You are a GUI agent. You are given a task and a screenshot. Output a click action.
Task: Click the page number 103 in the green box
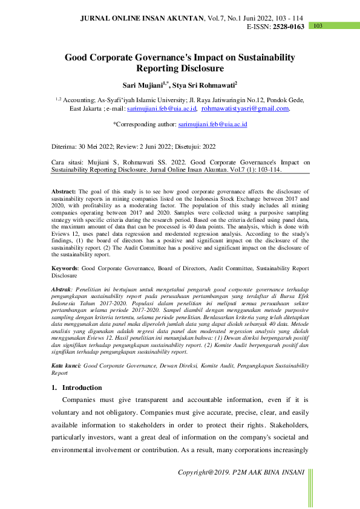pos(318,26)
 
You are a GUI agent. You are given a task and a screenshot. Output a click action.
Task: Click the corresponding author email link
pos(213,124)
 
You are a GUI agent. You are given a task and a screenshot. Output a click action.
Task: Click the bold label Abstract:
pos(64,190)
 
